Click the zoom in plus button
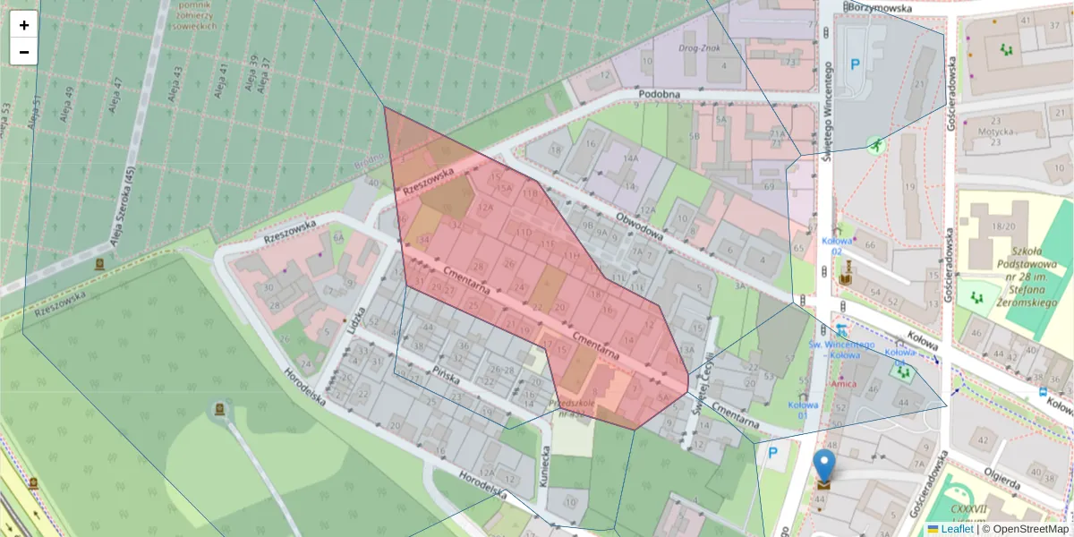point(24,25)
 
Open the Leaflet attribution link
point(957,529)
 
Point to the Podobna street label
point(660,95)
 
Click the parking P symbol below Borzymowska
point(855,64)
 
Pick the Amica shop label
point(842,383)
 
